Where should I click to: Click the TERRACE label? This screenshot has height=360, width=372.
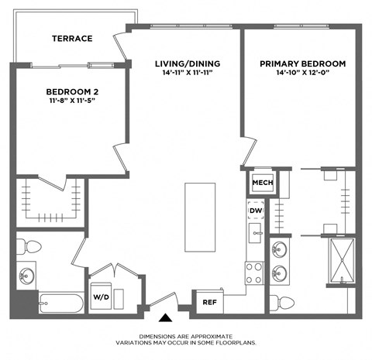pyautogui.click(x=73, y=38)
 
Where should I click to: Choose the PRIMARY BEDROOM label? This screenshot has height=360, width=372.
pyautogui.click(x=303, y=63)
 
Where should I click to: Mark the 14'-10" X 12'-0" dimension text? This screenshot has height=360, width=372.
pyautogui.click(x=303, y=74)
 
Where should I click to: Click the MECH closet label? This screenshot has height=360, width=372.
pyautogui.click(x=259, y=183)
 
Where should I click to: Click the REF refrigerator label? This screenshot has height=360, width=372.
pyautogui.click(x=208, y=303)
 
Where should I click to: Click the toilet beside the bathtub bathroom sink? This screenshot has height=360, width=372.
pyautogui.click(x=31, y=247)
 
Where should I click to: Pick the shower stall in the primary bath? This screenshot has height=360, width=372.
pyautogui.click(x=339, y=262)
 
